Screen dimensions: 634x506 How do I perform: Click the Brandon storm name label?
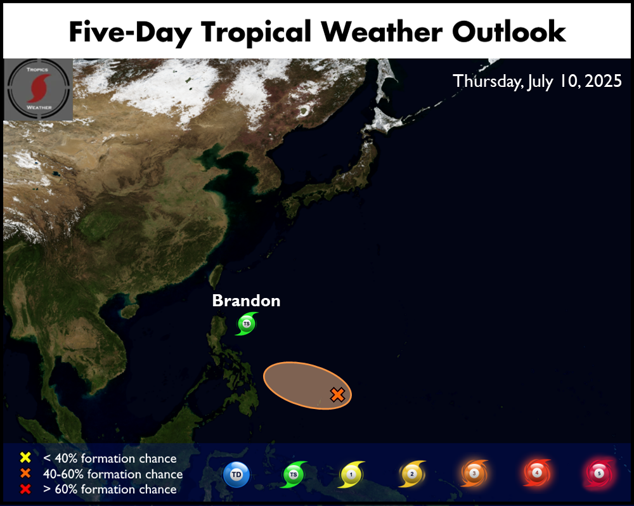coord(246,301)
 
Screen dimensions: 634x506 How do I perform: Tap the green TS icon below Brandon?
coord(247,323)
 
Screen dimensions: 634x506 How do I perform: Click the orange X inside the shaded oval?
coord(337,394)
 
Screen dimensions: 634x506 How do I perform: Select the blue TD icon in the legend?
coord(236,474)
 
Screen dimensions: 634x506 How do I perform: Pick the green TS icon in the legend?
coord(294,474)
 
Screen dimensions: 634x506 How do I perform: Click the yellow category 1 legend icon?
coord(351,474)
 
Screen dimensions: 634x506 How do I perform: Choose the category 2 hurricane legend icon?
coord(412,474)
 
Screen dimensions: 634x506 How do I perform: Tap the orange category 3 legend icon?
coord(474,473)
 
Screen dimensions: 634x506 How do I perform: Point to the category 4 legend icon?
coord(536,472)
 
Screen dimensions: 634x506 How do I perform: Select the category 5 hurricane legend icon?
coord(599,473)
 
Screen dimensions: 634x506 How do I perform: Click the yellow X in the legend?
coord(25,457)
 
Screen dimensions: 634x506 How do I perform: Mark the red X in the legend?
coord(25,489)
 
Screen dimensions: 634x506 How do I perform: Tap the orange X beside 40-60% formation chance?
coord(25,473)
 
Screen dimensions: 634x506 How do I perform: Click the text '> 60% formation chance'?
coord(110,489)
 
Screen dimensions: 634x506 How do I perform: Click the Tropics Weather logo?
coord(39,89)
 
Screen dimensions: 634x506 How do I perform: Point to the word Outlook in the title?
coord(508,32)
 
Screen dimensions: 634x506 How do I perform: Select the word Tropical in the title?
coord(256,33)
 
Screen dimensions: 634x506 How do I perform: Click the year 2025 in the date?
coord(604,81)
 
